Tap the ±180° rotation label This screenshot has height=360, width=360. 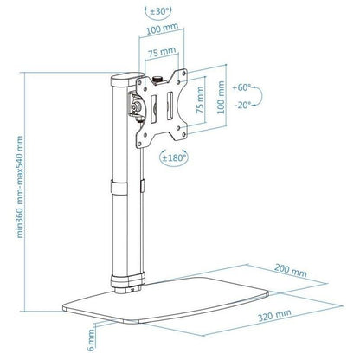pos(174,157)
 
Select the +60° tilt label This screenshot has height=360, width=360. pos(241,87)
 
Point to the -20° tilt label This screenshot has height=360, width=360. pos(242,105)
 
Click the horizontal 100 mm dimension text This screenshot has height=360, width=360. pos(162,29)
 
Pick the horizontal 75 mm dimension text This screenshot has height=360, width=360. pos(162,52)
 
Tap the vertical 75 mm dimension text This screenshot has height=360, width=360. pos(200,100)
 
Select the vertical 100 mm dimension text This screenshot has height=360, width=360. pos(221,97)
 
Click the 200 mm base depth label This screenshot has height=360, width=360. pos(291,270)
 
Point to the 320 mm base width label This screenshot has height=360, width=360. pos(274,315)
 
